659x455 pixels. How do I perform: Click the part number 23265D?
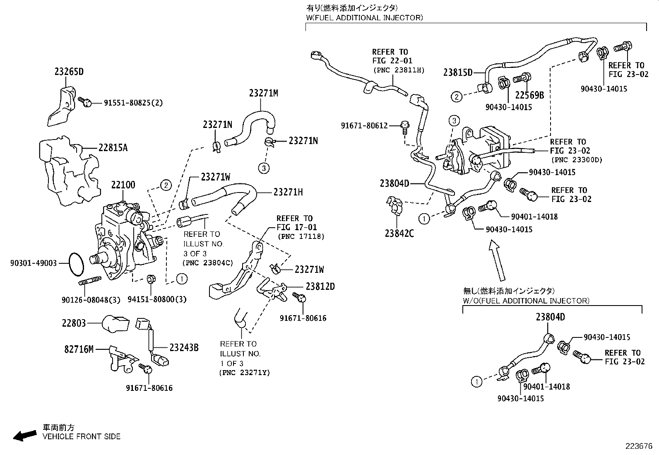[69, 72]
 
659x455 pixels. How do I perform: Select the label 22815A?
[113, 147]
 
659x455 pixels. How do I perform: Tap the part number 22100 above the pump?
[123, 185]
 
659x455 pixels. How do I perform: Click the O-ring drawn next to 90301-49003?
[76, 264]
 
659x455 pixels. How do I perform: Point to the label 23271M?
[263, 93]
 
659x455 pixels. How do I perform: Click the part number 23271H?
[288, 192]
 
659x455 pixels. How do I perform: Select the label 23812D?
[320, 286]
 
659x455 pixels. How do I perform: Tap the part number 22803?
[74, 323]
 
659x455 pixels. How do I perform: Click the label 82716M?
[79, 349]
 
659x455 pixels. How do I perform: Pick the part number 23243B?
[184, 348]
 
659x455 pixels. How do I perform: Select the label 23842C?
[399, 234]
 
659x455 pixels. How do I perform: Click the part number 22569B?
[529, 95]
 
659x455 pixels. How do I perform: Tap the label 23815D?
[457, 72]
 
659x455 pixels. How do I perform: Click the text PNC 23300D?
[576, 160]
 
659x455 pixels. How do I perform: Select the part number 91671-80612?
[364, 125]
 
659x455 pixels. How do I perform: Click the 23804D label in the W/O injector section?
[550, 317]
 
